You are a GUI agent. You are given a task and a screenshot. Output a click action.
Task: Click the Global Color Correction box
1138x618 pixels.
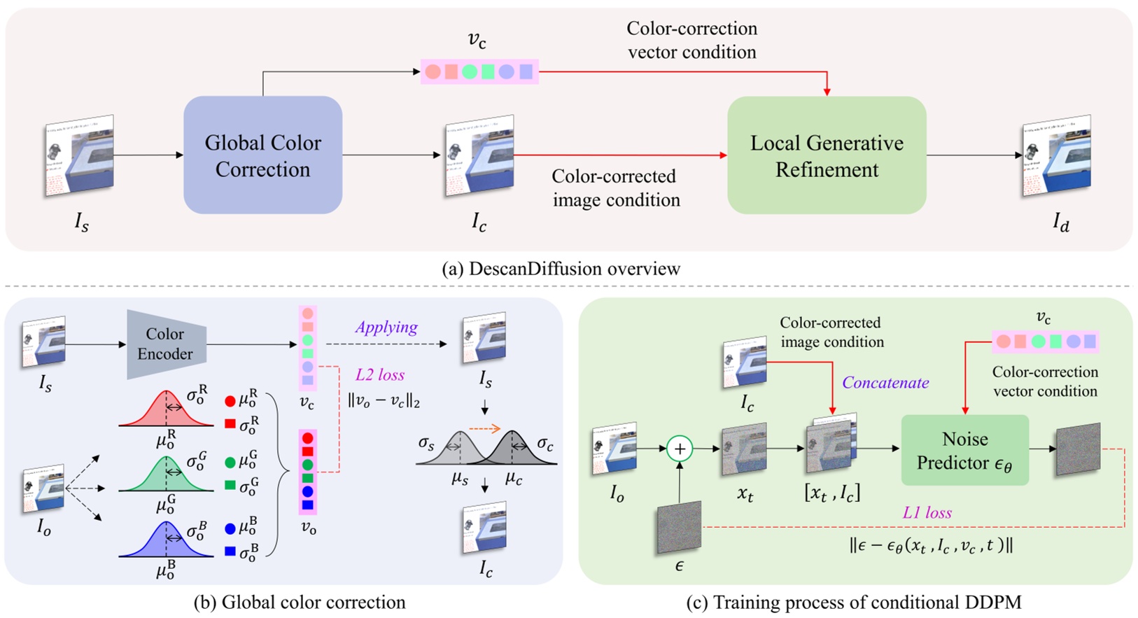262,155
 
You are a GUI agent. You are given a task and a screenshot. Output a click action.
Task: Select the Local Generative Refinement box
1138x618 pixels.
827,155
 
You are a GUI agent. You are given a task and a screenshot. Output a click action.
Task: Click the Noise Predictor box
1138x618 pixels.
964,450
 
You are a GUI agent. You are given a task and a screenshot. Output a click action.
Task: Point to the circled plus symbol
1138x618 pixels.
679,449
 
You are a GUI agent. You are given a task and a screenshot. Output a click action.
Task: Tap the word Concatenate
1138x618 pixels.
885,383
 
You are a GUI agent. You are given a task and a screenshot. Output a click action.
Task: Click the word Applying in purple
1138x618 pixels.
386,327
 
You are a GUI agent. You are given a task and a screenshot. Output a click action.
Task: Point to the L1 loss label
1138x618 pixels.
927,512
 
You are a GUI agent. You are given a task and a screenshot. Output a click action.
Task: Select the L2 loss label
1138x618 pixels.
379,374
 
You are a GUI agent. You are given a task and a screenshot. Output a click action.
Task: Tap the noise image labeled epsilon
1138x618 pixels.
678,529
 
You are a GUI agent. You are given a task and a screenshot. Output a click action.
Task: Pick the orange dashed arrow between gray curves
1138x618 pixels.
485,428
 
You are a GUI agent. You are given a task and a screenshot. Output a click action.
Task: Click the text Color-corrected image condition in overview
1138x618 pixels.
616,188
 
